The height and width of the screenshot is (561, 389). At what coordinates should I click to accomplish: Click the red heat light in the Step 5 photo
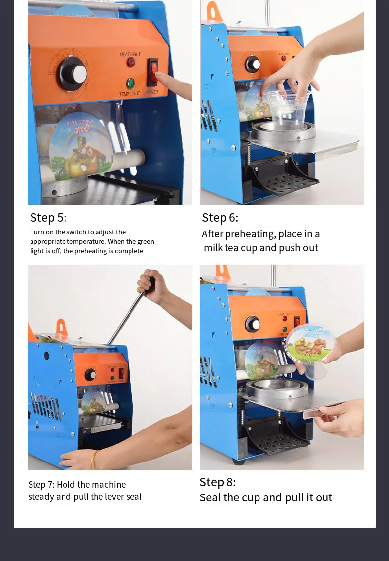pos(131,62)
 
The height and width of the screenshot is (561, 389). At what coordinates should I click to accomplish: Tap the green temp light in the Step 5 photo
pos(130,83)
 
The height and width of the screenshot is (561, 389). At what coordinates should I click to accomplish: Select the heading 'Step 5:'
pos(48,218)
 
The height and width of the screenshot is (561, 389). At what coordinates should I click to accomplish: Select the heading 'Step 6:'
pos(220,218)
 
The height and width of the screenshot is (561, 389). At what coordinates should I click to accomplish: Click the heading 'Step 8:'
pos(218,482)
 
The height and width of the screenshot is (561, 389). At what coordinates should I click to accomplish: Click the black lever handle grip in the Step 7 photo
pos(151,284)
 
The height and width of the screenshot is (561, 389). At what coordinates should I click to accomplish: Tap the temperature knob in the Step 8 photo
pos(253,324)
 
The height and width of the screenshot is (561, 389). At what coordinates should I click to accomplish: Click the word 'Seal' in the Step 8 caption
pos(210,497)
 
